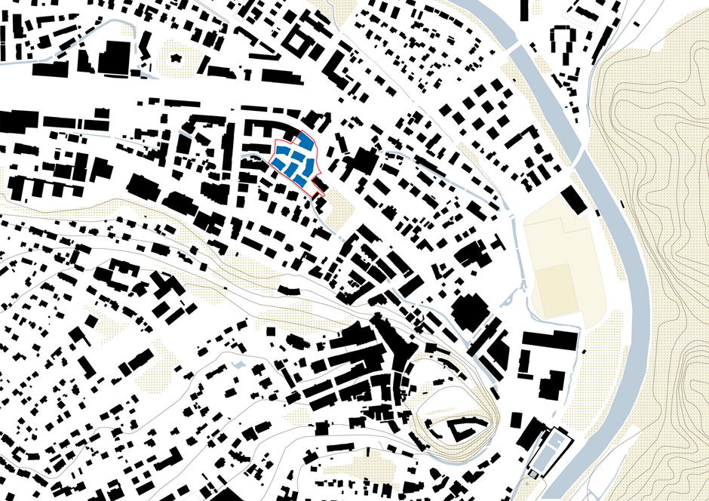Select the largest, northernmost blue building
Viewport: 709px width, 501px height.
click(305, 143)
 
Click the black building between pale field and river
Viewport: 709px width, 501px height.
click(573, 200)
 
